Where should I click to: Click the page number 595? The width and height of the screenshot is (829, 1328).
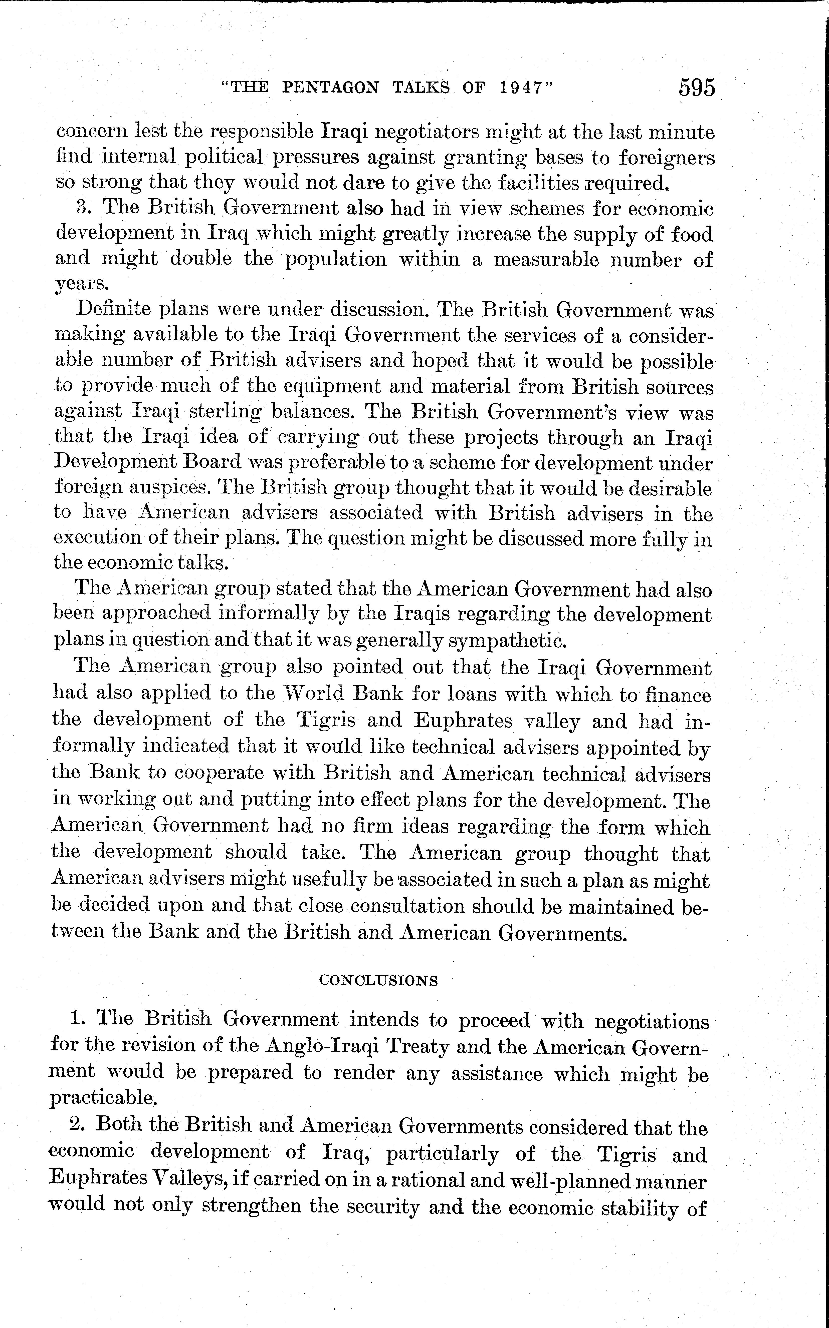(697, 88)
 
